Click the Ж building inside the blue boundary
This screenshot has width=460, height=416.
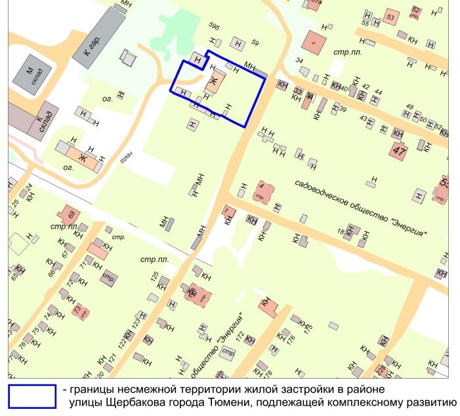point(215,81)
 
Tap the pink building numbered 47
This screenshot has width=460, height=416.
point(398,150)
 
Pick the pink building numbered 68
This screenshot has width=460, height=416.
point(70,214)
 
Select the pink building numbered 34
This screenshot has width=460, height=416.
point(314,43)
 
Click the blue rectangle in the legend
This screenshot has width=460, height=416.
point(31,395)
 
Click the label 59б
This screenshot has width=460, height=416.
point(214,27)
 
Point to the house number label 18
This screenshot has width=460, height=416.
point(341,232)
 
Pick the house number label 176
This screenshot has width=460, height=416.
point(291,338)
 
